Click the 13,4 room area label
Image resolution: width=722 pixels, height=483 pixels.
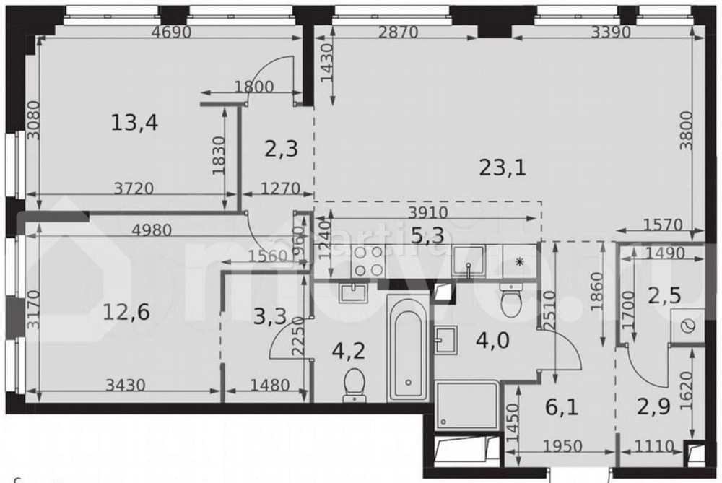tap(134, 123)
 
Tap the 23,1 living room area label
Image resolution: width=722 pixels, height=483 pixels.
tap(503, 167)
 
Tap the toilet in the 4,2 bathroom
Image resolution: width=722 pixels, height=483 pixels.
tap(354, 383)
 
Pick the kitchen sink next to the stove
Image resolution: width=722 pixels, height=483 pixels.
tap(469, 261)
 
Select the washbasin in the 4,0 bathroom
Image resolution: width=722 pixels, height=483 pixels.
tap(446, 340)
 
